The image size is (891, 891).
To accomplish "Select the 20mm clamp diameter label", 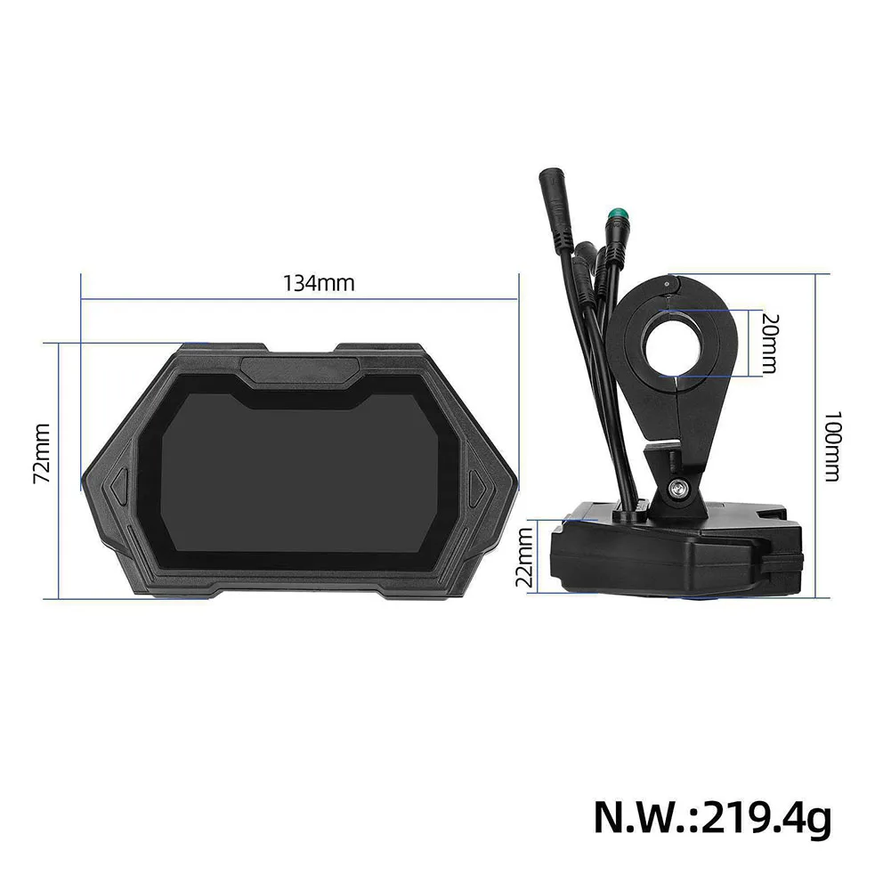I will [770, 343].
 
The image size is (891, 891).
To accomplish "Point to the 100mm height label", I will [832, 445].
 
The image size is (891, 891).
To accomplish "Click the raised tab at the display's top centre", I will [300, 365].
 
